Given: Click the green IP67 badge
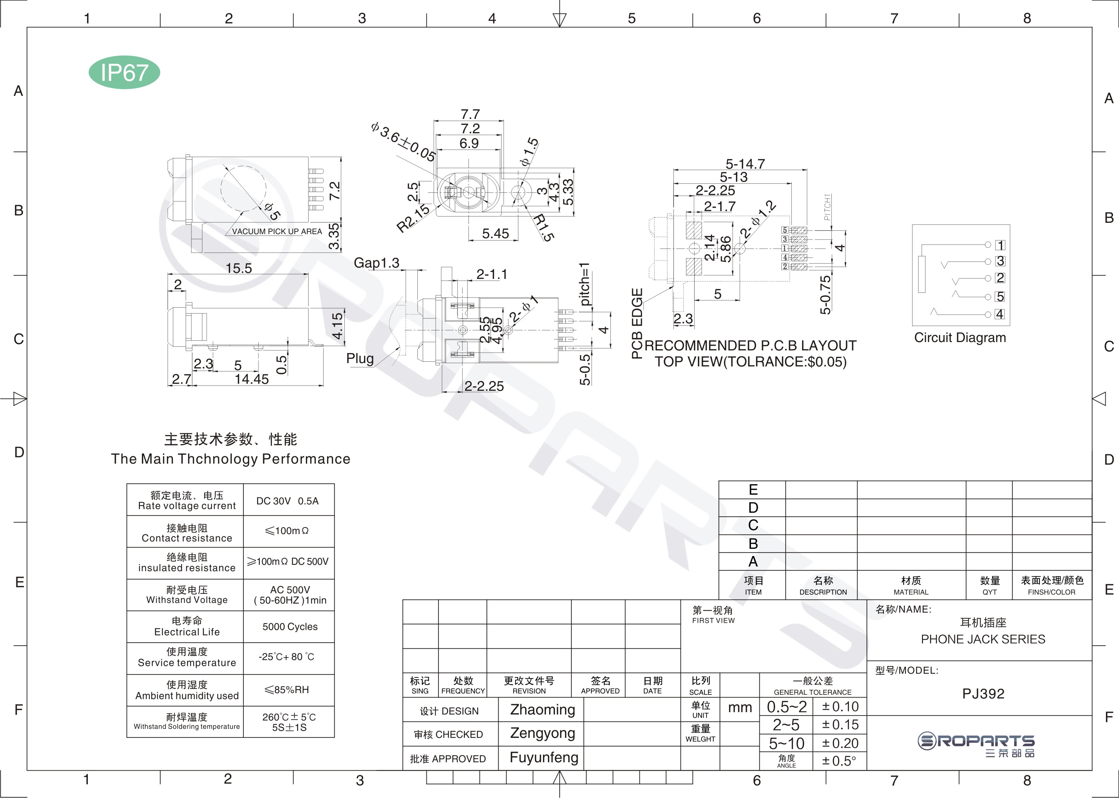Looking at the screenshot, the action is (124, 72).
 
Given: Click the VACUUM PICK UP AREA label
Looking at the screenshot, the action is (277, 231).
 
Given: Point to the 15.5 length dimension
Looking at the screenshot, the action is (239, 268).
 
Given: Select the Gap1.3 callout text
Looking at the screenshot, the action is (377, 263).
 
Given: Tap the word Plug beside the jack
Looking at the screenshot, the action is (360, 359).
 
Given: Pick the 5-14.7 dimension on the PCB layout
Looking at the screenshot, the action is (745, 164).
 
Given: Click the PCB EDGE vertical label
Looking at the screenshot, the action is (637, 323).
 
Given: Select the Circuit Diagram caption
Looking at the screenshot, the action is (960, 338).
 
